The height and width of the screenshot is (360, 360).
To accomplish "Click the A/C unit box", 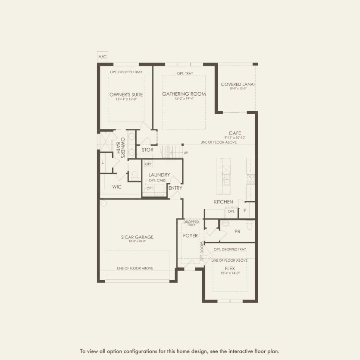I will tap(102, 57).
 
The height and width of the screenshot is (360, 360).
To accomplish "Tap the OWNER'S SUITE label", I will tap(126, 94).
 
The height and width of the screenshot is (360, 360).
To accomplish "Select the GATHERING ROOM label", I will tap(184, 94).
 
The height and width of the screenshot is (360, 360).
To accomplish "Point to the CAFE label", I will tap(235, 133).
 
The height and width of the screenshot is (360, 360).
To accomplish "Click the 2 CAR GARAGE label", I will tap(137, 237).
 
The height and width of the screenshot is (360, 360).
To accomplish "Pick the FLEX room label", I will tap(229, 268).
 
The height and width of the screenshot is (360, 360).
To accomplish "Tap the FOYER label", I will tap(190, 236).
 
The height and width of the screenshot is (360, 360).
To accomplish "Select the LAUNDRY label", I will tap(159, 175).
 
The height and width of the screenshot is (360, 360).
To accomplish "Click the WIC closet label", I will tap(116, 187).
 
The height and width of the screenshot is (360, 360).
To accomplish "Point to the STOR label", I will tap(147, 150).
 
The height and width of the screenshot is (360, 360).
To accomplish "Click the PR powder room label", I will tap(237, 232).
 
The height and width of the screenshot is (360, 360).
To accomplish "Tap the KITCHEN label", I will tap(223, 202).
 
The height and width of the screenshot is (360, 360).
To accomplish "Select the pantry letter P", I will tap(245, 210).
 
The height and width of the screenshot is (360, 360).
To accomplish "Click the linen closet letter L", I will tap(103, 162).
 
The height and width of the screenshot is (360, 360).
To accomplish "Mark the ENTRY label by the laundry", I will tap(175, 188).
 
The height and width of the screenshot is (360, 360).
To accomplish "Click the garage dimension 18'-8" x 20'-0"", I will tap(137, 241).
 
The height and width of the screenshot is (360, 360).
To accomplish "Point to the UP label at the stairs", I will tap(186, 153).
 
